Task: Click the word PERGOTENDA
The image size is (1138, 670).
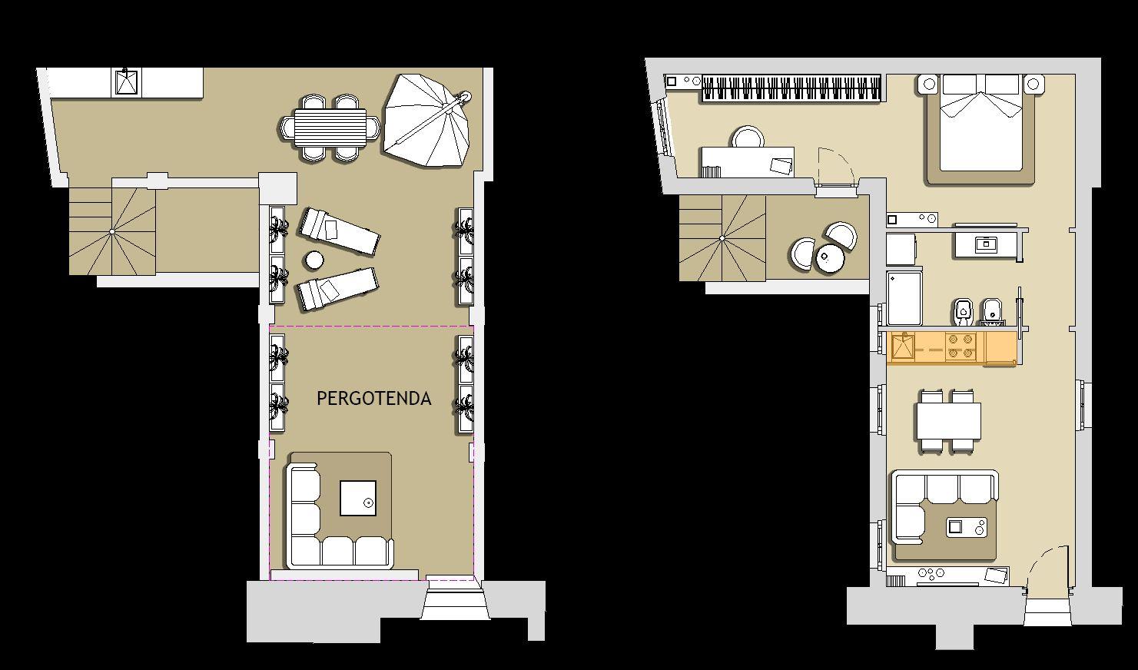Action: point(374,398)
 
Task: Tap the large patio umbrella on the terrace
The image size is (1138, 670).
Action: point(426,121)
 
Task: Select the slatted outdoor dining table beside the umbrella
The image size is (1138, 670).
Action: point(330,127)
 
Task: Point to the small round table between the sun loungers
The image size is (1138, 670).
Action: point(314,260)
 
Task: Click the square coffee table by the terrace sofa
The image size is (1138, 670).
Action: point(358,499)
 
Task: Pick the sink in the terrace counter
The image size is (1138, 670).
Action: point(127,82)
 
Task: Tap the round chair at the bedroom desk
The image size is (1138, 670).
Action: point(748,137)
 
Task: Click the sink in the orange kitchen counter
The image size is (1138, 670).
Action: point(903,346)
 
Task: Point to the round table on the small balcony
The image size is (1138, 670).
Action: point(830,259)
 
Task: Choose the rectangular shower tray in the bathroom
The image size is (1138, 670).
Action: point(904,298)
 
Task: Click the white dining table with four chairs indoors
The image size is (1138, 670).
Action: point(948,421)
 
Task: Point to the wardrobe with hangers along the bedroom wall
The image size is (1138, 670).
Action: point(791,88)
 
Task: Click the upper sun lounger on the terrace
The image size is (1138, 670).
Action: point(339,231)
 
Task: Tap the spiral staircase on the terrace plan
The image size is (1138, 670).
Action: point(112,231)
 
